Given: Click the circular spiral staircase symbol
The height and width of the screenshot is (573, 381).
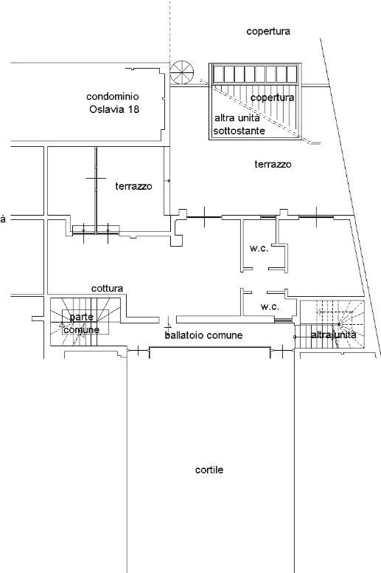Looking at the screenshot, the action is pyautogui.click(x=182, y=72).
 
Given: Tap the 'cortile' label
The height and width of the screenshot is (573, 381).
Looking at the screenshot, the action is pyautogui.click(x=209, y=470).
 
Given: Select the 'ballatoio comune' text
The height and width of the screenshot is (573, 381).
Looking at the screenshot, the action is pyautogui.click(x=203, y=335).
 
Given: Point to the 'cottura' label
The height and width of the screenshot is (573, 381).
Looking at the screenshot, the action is pyautogui.click(x=107, y=288).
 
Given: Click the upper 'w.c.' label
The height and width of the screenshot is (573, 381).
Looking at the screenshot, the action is pyautogui.click(x=259, y=249).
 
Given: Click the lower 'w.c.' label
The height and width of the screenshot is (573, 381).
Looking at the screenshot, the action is pyautogui.click(x=270, y=307).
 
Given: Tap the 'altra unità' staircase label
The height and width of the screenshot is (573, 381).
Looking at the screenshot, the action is pyautogui.click(x=334, y=334).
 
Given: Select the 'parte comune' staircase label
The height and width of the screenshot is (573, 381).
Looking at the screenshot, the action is pyautogui.click(x=82, y=323).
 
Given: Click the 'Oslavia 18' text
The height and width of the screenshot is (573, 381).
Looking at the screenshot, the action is pyautogui.click(x=114, y=109).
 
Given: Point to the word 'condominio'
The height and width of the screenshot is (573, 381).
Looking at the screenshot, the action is pyautogui.click(x=112, y=97).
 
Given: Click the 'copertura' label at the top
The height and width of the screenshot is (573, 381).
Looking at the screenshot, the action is pyautogui.click(x=268, y=32).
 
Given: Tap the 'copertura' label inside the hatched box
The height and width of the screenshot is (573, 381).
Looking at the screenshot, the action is pyautogui.click(x=273, y=98).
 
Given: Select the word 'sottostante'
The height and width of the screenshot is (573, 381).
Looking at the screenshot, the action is pyautogui.click(x=240, y=131).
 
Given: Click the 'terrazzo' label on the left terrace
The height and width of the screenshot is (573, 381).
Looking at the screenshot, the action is pyautogui.click(x=134, y=186).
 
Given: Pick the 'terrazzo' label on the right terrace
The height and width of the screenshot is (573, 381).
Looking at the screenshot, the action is pyautogui.click(x=273, y=164).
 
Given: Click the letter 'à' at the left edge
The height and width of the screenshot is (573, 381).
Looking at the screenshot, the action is pyautogui.click(x=3, y=219).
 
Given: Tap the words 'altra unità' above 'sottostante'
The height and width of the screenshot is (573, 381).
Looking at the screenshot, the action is pyautogui.click(x=237, y=118).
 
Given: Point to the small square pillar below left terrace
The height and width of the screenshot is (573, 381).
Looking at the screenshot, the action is pyautogui.click(x=177, y=241).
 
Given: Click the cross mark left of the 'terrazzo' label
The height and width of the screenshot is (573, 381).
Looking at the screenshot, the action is pyautogui.click(x=97, y=179).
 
